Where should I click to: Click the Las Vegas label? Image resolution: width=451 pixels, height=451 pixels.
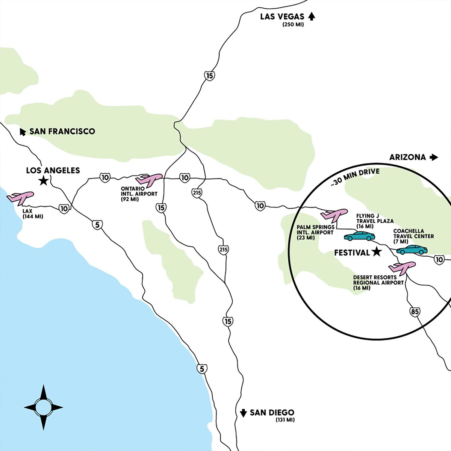(x=282, y=17)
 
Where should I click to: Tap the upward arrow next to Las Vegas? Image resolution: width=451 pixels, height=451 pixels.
(x=311, y=16)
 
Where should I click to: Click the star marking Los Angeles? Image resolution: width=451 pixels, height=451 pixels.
(x=44, y=181)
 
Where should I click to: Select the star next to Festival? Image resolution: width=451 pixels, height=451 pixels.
(x=376, y=252)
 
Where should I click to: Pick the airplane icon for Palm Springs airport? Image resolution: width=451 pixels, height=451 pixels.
(x=334, y=215)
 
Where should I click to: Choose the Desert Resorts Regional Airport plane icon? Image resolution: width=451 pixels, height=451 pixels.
(x=402, y=268)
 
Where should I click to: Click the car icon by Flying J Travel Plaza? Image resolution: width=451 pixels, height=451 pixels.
(x=360, y=236)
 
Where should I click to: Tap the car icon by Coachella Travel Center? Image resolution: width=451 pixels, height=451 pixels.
(x=412, y=250)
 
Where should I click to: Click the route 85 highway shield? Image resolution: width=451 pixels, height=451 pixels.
(x=415, y=312)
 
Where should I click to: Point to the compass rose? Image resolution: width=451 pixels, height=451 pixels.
(x=43, y=407)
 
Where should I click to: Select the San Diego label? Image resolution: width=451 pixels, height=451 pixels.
(x=272, y=413)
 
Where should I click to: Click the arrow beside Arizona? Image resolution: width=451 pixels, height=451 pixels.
(x=434, y=157)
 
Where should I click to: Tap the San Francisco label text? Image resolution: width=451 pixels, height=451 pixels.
(x=62, y=131)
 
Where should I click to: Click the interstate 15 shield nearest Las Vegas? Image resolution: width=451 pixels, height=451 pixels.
(x=210, y=76)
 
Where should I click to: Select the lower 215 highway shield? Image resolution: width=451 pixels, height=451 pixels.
(x=223, y=249)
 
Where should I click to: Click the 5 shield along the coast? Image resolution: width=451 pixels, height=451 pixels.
(x=202, y=369)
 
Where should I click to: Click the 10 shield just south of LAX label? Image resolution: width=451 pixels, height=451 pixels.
(x=64, y=209)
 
